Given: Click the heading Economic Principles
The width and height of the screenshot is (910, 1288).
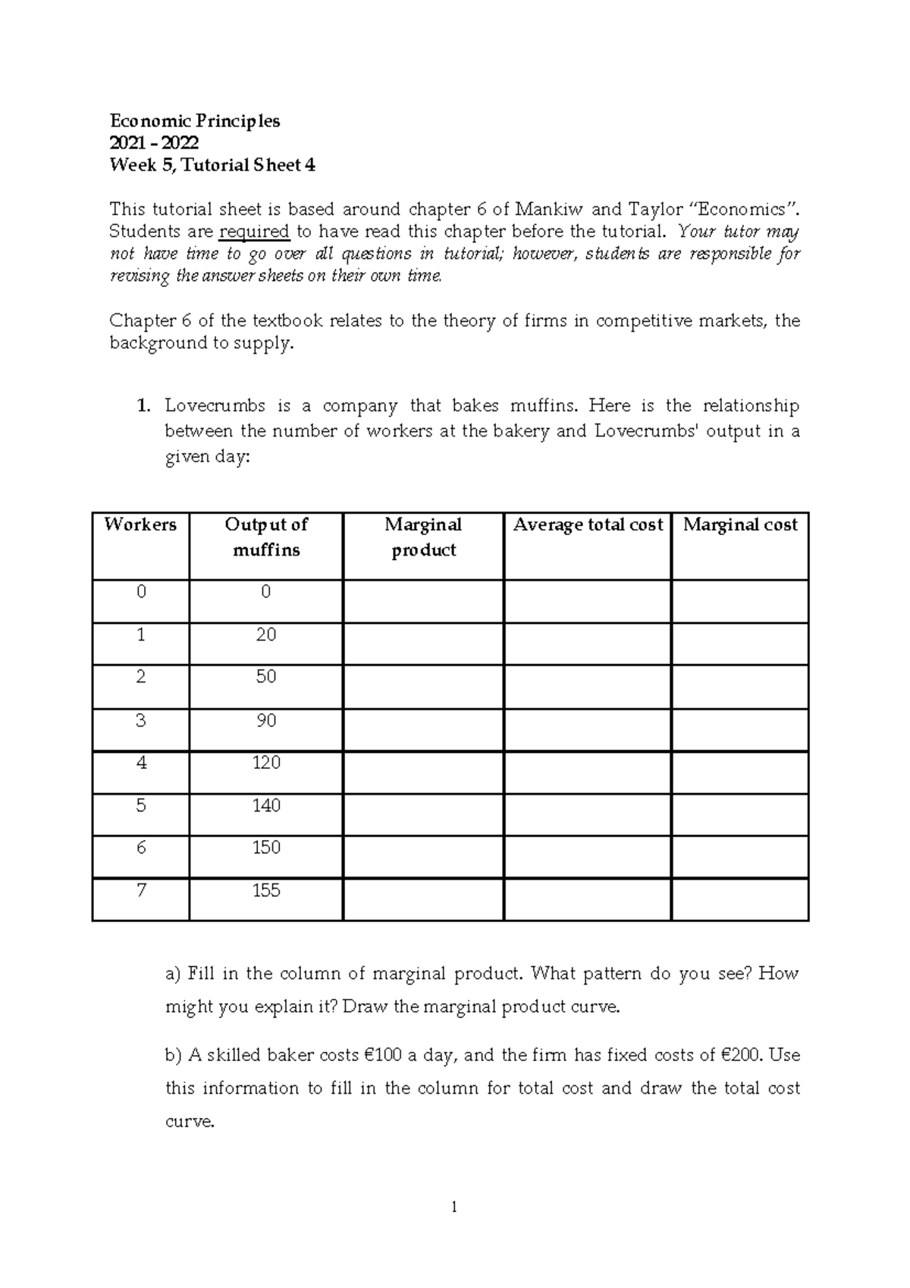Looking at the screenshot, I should [x=195, y=121].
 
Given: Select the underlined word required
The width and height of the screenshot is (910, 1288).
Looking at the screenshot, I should [x=254, y=231].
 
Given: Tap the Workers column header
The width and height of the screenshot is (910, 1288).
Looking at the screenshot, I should [x=140, y=524].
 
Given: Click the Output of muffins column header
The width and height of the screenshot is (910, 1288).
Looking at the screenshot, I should [x=266, y=537].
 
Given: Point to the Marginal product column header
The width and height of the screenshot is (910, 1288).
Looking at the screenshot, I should [x=423, y=537].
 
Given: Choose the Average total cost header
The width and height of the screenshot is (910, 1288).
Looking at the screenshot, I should [x=588, y=524].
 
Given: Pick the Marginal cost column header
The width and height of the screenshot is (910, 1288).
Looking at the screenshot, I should [x=740, y=524].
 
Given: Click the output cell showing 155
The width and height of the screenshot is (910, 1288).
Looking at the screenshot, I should [x=266, y=890].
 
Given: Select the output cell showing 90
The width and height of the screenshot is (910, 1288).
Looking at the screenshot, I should [x=266, y=720].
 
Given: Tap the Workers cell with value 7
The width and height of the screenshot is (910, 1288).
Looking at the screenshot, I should [x=140, y=890].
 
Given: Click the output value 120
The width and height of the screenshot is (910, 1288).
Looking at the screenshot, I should [x=266, y=763].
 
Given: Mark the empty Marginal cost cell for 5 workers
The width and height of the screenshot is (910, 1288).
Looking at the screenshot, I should [x=740, y=815].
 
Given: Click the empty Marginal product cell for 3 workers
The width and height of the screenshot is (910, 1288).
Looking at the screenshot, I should [x=423, y=730].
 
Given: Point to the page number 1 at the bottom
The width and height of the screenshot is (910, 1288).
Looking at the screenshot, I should [x=454, y=1208].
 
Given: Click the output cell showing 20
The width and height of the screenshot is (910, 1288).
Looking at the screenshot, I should [x=266, y=635].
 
